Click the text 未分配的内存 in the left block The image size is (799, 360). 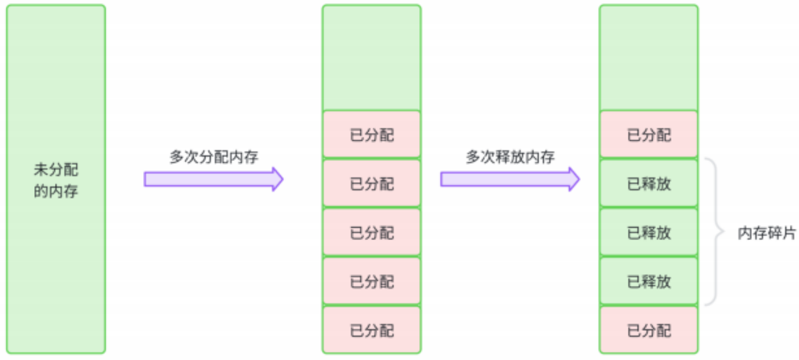pos(56,181)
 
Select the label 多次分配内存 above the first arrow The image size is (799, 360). pos(214,157)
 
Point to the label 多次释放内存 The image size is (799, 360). pos(510,157)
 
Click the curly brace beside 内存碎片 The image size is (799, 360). pos(715,232)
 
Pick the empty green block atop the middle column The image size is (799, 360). pos(371,58)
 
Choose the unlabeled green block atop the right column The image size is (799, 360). pos(649,58)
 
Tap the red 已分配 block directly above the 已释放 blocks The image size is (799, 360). pos(649,135)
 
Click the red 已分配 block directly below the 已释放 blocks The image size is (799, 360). pos(649,330)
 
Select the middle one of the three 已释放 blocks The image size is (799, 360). pos(649,233)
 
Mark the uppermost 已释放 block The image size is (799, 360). pos(649,184)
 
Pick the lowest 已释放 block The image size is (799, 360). pos(649,281)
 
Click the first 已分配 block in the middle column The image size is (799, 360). pos(371,135)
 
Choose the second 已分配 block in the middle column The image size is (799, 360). pos(371,184)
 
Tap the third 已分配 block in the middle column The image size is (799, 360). pos(371,233)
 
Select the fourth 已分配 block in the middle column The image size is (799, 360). pos(371,281)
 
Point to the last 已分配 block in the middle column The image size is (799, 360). pos(371,330)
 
